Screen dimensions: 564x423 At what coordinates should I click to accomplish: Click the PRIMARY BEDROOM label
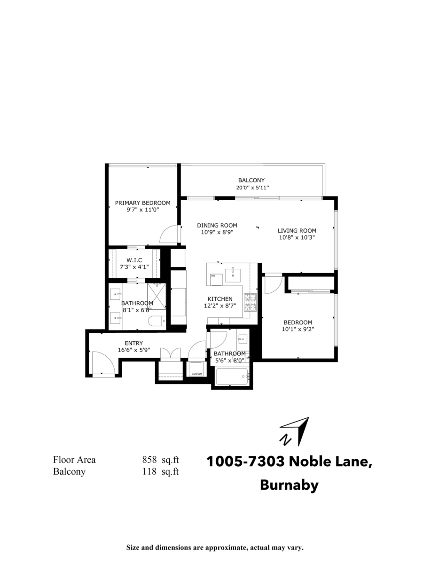143,203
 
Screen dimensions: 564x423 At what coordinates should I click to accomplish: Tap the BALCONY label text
251,180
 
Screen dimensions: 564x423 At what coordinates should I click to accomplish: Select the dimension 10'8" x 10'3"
297,238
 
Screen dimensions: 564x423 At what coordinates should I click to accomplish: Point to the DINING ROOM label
217,225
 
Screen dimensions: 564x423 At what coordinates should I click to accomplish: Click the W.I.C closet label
134,260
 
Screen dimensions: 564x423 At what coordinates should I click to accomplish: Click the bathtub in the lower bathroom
231,376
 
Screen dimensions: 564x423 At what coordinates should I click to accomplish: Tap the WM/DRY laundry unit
196,369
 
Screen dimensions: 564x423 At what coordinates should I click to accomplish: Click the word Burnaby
289,485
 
